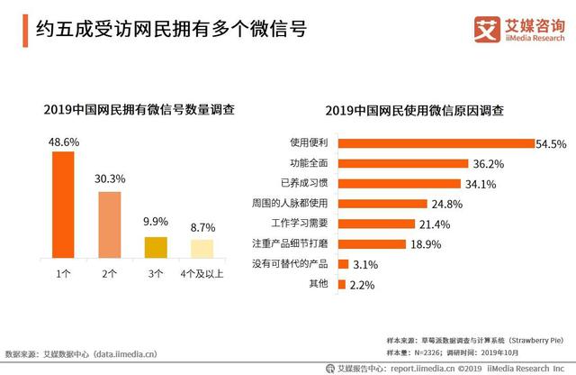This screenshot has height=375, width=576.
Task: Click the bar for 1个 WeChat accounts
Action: (62, 205)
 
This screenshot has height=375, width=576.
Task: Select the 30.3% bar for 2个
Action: (109, 224)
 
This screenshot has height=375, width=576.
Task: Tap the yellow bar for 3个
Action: (156, 248)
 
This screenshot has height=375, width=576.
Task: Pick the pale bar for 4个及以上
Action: (202, 249)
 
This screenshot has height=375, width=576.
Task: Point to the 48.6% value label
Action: (62, 142)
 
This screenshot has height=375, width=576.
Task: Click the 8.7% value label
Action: (202, 230)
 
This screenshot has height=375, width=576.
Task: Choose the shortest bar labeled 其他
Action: (341, 285)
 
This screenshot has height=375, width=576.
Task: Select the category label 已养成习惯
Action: (308, 184)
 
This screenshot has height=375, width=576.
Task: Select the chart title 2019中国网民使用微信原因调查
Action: (413, 110)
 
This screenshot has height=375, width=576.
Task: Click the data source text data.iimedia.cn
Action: (126, 355)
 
